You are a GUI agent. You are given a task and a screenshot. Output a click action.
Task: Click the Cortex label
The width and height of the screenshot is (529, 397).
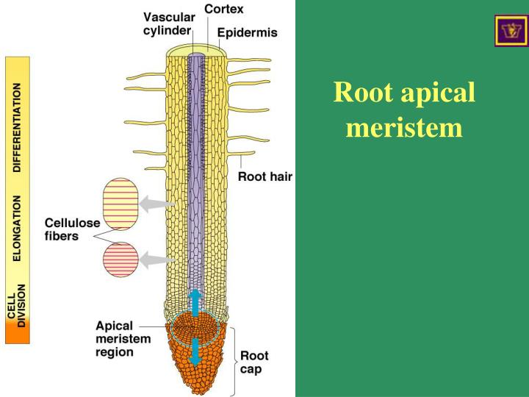tap(223, 9)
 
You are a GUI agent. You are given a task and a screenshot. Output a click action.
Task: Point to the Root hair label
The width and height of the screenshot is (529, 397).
tap(265, 176)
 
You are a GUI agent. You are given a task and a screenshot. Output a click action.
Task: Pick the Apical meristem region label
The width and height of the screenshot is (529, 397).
tap(123, 338)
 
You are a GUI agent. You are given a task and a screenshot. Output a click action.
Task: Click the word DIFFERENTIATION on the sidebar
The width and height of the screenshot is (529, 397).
tap(18, 126)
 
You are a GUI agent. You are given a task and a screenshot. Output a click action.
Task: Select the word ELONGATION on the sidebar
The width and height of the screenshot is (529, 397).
tap(18, 229)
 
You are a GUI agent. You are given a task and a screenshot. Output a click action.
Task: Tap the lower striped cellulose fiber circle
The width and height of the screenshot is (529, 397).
tap(120, 260)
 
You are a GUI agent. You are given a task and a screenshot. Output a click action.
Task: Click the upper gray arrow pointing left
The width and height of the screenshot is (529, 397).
tap(155, 204)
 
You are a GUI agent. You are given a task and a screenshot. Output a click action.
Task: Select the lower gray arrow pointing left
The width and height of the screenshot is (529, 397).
tap(155, 259)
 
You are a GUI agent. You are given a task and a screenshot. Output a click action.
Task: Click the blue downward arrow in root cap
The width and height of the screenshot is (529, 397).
tap(195, 351)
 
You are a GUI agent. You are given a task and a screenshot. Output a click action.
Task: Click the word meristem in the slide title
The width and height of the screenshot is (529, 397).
tap(404, 128)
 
